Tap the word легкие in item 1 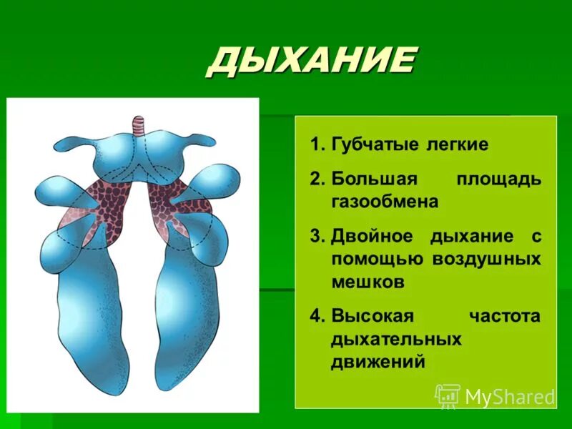click(458, 145)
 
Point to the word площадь click(498, 179)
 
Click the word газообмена click(384, 202)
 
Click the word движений click(378, 362)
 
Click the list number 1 click(316, 145)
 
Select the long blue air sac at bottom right click(187, 315)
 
